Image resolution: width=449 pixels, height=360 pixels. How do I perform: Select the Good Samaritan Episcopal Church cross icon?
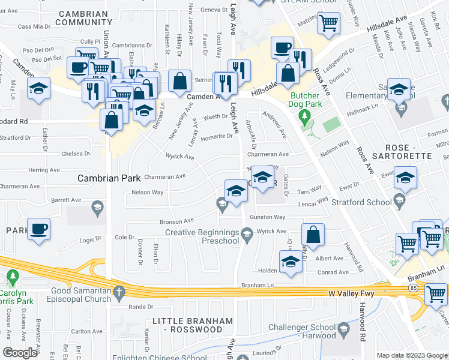coord(119,292)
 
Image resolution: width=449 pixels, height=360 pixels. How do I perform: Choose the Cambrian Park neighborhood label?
coord(109,178)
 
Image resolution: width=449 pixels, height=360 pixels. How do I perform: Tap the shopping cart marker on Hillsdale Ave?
coord(328,23)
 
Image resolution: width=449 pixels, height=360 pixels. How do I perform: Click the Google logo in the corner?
coord(19,353)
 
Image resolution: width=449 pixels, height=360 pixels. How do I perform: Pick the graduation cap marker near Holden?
coord(291,262)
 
